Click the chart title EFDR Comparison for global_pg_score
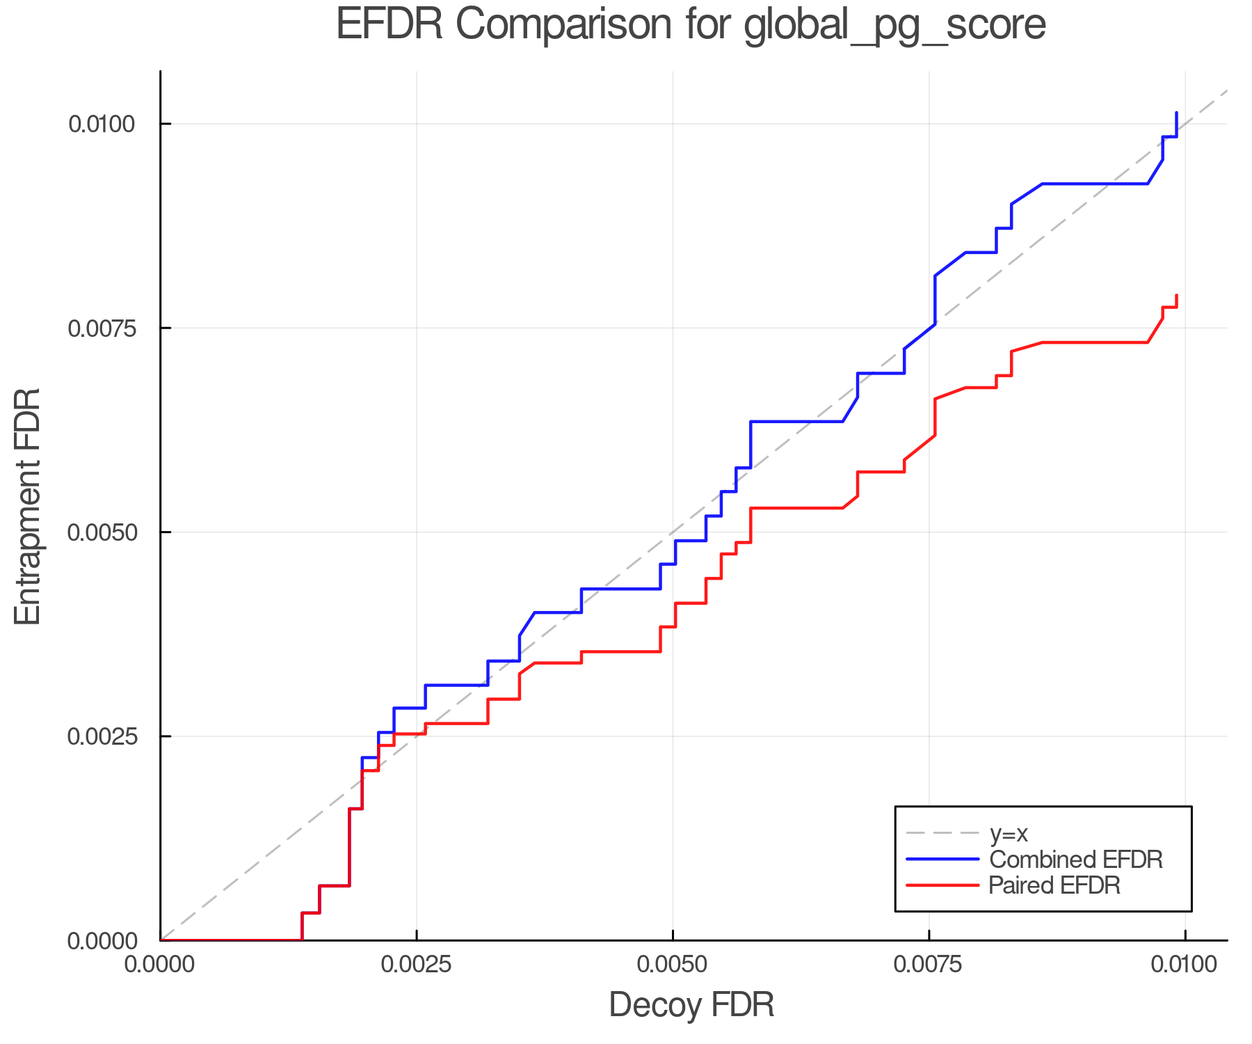(x=691, y=25)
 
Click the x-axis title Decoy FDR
(x=691, y=1005)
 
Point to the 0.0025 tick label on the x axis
(x=416, y=965)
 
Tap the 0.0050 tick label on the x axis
(x=673, y=965)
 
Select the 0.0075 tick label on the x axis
(x=929, y=965)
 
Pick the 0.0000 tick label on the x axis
(x=160, y=965)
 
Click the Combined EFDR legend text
(x=1075, y=860)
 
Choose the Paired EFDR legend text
(x=1054, y=885)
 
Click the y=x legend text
(x=1009, y=833)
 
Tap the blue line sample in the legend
(x=942, y=860)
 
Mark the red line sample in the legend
(x=942, y=885)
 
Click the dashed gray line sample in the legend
(x=942, y=833)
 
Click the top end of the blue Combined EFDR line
(x=1176, y=113)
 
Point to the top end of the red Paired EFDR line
(x=1176, y=296)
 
